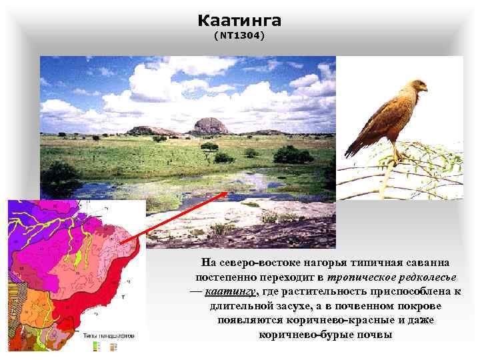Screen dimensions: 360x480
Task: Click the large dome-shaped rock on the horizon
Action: pos(210,126)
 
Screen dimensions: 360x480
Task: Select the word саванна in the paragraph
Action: pos(425,263)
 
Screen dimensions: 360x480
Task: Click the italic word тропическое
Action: pos(353,277)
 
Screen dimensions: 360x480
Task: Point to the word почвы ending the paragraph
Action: pos(373,333)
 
